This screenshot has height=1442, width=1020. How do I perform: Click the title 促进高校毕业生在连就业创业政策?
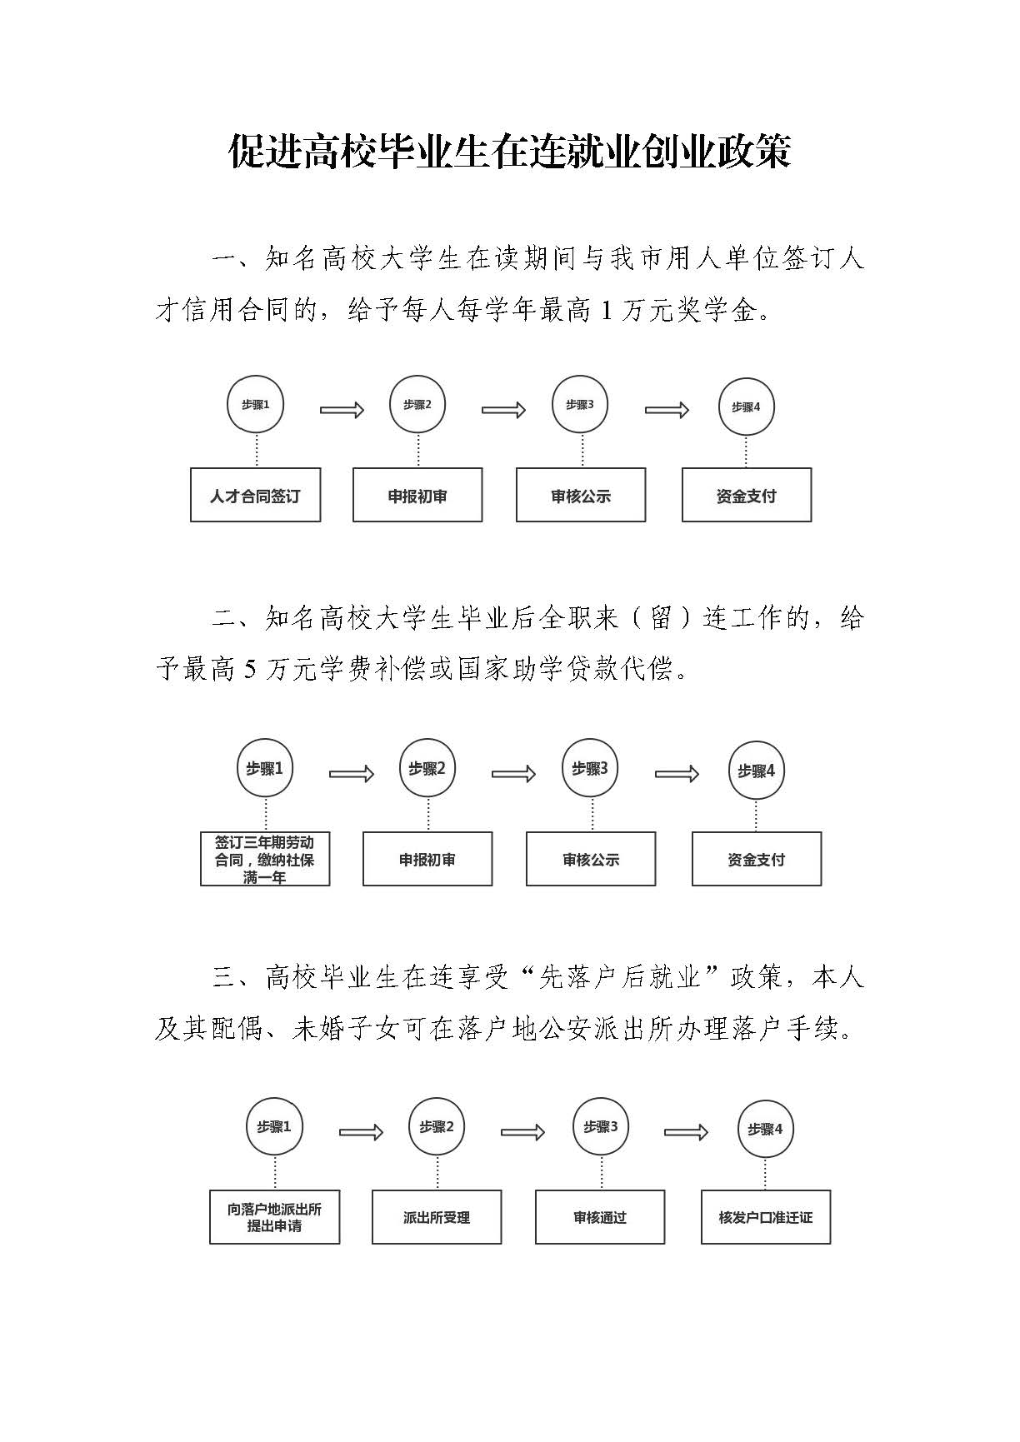pyautogui.click(x=510, y=152)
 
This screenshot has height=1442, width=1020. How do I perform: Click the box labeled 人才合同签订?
pyautogui.click(x=255, y=495)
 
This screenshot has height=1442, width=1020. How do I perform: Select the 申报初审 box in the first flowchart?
pyautogui.click(x=417, y=495)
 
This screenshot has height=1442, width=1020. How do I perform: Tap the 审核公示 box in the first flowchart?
pyautogui.click(x=581, y=495)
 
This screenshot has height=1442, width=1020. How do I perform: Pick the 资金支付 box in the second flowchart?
pyautogui.click(x=757, y=859)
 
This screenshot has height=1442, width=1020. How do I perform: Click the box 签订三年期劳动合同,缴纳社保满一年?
pyautogui.click(x=265, y=859)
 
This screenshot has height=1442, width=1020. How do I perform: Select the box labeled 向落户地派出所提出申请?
pyautogui.click(x=274, y=1217)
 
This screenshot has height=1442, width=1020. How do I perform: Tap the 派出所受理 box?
pyautogui.click(x=437, y=1217)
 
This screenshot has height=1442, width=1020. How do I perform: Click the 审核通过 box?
pyautogui.click(x=600, y=1217)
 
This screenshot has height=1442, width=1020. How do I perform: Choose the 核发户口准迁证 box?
pyautogui.click(x=766, y=1217)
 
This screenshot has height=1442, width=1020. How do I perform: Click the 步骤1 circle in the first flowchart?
pyautogui.click(x=256, y=405)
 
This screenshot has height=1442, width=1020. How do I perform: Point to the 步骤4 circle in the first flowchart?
pyautogui.click(x=746, y=407)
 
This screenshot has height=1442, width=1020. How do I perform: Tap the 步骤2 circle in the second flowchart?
pyautogui.click(x=427, y=768)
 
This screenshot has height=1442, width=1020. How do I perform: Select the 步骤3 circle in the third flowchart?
pyautogui.click(x=601, y=1127)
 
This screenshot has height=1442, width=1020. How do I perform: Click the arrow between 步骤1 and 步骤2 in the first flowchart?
pyautogui.click(x=342, y=410)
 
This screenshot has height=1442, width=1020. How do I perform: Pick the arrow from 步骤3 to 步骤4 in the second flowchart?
pyautogui.click(x=677, y=774)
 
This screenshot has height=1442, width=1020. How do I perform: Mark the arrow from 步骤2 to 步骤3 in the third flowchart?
pyautogui.click(x=522, y=1132)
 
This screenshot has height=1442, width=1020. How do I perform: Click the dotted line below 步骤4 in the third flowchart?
pyautogui.click(x=766, y=1174)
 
